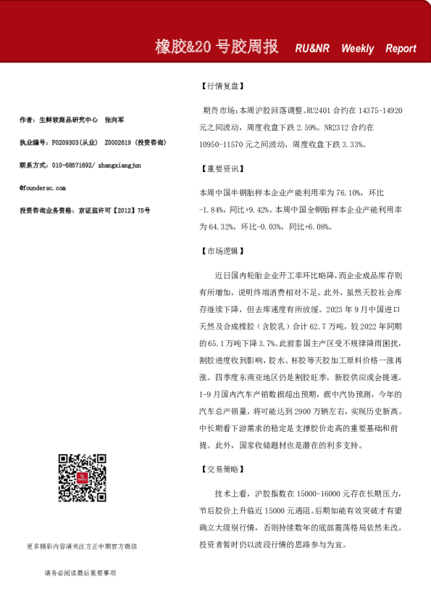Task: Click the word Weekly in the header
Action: pos(357,49)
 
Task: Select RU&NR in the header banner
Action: pos(312,49)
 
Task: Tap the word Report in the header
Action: pos(401,49)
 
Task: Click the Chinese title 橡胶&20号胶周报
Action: pos(217,47)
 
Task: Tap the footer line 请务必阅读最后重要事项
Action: pos(80,573)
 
